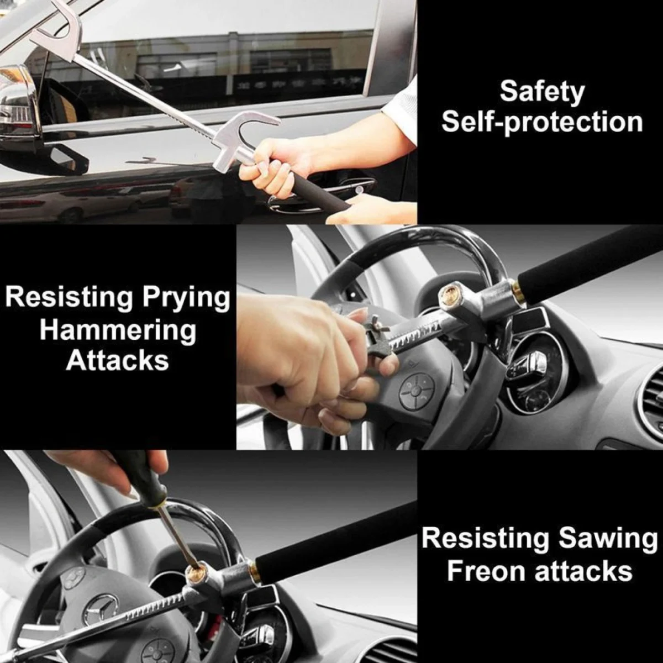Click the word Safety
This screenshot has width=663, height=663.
pos(541,92)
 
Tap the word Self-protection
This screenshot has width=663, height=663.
pos(541,122)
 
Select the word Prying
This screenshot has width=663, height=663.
pos(186,298)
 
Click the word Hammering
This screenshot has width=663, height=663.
pos(118,330)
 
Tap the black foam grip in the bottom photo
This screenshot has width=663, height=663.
pos(337,539)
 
